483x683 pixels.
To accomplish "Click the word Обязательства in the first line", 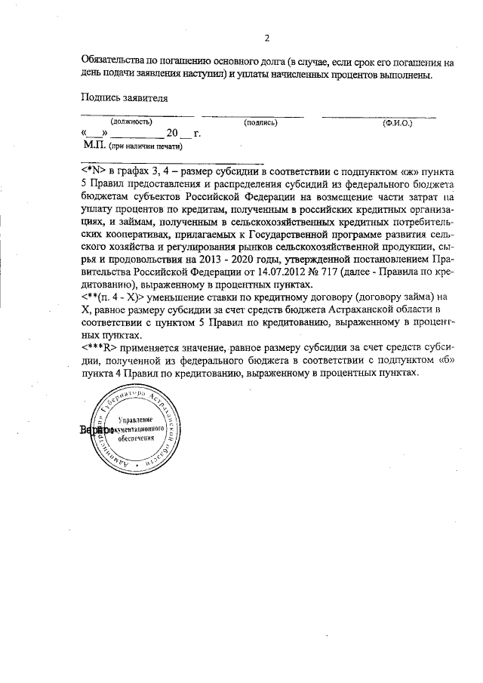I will pyautogui.click(x=114, y=62).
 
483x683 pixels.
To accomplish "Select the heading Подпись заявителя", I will pyautogui.click(x=125, y=97).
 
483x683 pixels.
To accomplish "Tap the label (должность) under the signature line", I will pyautogui.click(x=131, y=122).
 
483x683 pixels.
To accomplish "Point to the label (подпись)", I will pyautogui.click(x=261, y=122).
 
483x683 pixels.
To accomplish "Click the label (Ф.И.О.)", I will pyautogui.click(x=397, y=122).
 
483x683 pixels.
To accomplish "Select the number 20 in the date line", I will pyautogui.click(x=173, y=134).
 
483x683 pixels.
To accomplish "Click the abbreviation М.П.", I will pyautogui.click(x=95, y=145).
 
